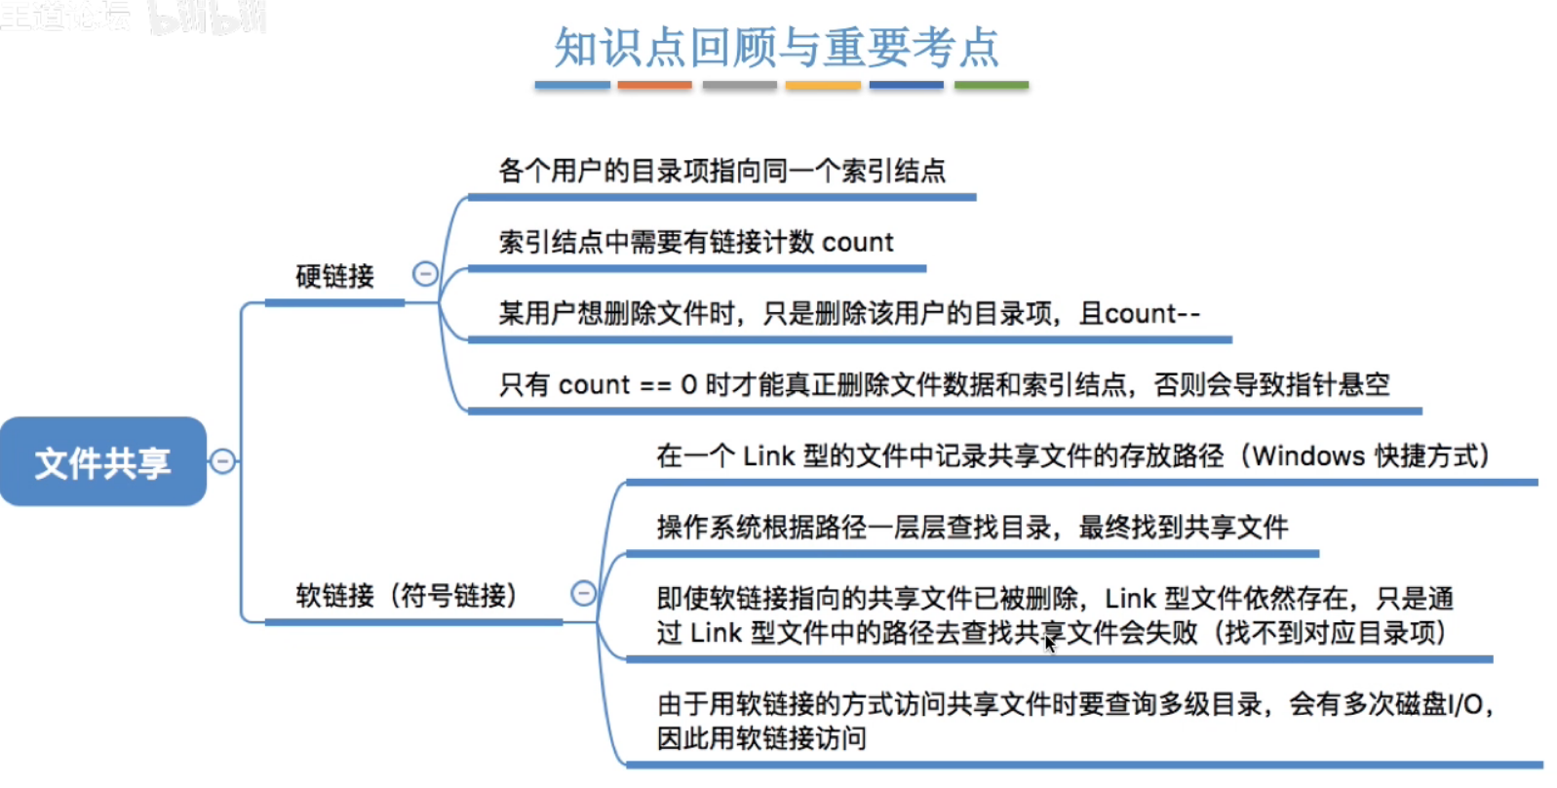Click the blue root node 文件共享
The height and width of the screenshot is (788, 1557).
tap(103, 462)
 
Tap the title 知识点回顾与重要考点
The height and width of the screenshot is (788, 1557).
tap(777, 47)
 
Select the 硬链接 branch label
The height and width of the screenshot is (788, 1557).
tap(334, 276)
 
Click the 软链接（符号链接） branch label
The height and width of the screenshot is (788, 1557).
tap(406, 595)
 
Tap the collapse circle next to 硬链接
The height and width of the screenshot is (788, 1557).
tap(425, 274)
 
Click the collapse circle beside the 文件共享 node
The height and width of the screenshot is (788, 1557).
tap(223, 461)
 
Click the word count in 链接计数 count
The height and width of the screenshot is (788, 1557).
tap(858, 242)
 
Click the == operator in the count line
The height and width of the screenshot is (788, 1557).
tap(655, 385)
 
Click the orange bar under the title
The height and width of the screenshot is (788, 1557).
tap(654, 86)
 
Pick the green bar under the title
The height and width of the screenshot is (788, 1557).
tap(991, 86)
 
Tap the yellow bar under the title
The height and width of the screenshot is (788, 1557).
tap(823, 86)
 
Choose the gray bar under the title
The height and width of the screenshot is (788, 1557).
tap(739, 86)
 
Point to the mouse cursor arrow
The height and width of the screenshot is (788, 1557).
tap(1049, 642)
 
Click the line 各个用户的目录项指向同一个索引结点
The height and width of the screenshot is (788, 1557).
tap(721, 171)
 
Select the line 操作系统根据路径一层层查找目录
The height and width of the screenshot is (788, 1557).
tap(972, 528)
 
